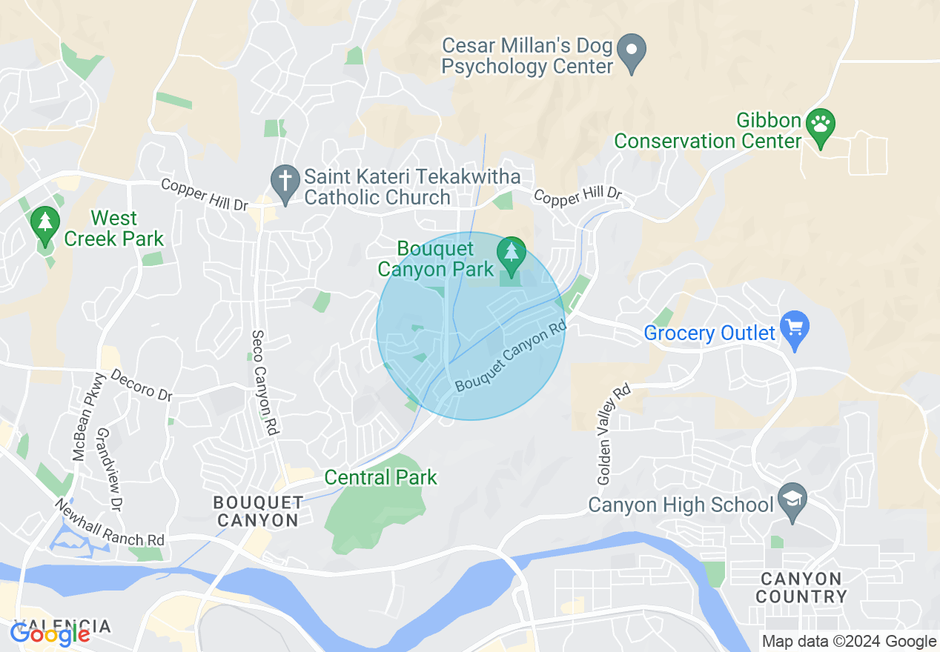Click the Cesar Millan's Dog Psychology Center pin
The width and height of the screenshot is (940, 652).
coord(632,53)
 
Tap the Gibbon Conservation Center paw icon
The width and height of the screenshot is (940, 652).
coord(821,125)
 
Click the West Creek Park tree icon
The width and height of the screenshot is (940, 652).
coord(45,223)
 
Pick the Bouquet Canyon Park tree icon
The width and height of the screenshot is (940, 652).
coord(511,253)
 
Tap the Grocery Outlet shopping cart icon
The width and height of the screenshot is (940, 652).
coord(795,328)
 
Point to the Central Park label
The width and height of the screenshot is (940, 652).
coord(381,478)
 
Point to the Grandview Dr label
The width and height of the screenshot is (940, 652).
coord(109,469)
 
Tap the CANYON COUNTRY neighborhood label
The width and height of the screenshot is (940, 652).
coord(801,588)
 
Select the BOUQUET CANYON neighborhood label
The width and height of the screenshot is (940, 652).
coord(257,511)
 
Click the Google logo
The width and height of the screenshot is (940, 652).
coord(50,634)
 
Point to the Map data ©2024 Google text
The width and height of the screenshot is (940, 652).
coord(850,642)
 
